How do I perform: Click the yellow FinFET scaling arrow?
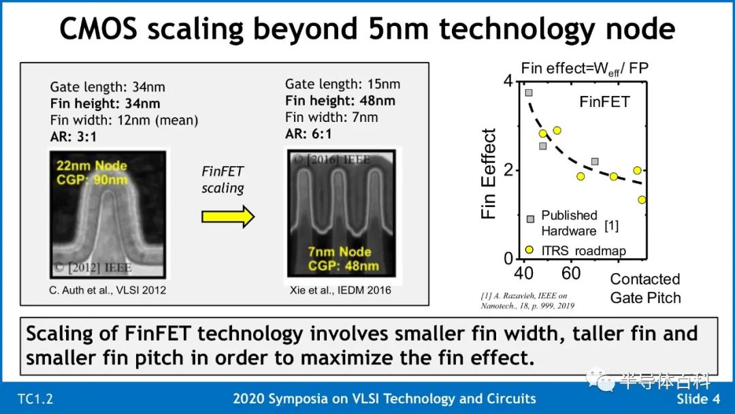[x=228, y=217]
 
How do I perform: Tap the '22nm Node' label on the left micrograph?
[x=92, y=165]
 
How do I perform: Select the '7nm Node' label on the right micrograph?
[x=340, y=252]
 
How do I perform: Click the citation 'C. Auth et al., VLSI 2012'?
[x=108, y=290]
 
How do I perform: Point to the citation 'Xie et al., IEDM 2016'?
[x=340, y=290]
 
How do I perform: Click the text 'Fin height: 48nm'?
[x=340, y=101]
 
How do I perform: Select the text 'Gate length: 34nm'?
[x=108, y=87]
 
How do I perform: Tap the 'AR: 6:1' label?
[x=308, y=134]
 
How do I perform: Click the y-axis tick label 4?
[x=508, y=80]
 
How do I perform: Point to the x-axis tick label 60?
[x=571, y=273]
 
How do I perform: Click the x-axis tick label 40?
[x=524, y=273]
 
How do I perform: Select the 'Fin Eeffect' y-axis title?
[x=489, y=174]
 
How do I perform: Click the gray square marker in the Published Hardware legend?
[x=530, y=219]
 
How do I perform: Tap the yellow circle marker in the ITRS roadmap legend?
[x=529, y=250]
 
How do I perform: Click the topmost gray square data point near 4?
[x=529, y=93]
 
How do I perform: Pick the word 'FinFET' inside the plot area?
[x=605, y=101]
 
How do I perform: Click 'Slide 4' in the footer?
[x=698, y=399]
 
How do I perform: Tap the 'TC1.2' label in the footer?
[x=35, y=400]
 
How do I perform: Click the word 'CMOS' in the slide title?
[x=98, y=29]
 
